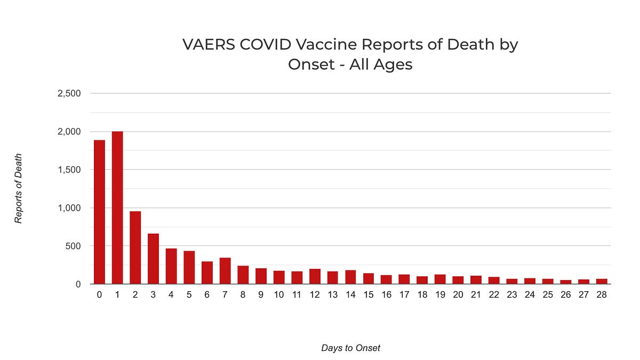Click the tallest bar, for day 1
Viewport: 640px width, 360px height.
117,207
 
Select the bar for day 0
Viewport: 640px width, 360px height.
99,212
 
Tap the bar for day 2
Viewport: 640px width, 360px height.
135,247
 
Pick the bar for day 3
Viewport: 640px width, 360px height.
154,259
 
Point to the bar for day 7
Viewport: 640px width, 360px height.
225,271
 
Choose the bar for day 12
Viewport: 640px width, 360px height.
315,276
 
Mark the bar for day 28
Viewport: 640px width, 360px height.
602,282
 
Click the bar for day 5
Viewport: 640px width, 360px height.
189,267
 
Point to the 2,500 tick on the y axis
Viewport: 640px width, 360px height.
69,93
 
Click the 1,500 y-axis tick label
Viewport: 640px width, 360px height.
69,170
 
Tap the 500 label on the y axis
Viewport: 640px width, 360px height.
73,246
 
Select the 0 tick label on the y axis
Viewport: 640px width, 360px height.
78,284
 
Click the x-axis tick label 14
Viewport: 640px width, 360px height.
350,294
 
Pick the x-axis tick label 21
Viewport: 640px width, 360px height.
476,294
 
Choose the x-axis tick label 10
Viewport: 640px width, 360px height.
279,294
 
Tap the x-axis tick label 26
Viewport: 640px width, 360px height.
566,294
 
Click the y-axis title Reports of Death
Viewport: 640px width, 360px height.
18,189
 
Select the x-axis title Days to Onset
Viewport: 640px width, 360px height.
350,348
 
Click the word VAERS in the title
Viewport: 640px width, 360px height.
209,45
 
